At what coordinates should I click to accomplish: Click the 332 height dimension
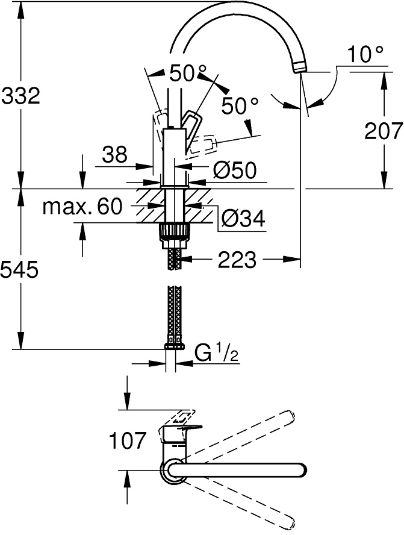(x=21, y=96)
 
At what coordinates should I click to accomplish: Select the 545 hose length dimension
(x=19, y=271)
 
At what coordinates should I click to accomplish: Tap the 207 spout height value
(x=384, y=131)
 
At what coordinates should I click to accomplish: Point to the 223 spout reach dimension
(x=237, y=260)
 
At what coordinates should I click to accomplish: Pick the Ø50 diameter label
(x=235, y=170)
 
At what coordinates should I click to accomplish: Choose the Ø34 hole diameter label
(x=243, y=218)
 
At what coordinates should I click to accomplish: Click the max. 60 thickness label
(x=82, y=207)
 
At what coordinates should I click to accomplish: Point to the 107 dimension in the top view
(x=128, y=440)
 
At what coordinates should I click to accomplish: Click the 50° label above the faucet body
(x=188, y=73)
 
